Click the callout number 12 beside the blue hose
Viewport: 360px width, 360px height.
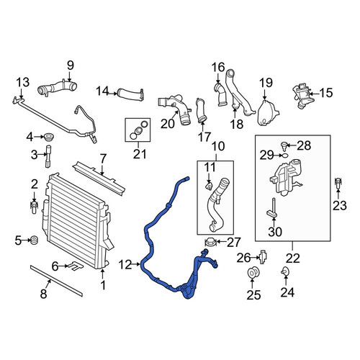point(125,265)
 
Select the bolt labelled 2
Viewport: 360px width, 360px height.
point(34,207)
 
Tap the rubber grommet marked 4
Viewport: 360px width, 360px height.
point(48,137)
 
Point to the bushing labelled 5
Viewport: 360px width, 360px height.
point(35,240)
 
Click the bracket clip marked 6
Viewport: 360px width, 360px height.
point(75,266)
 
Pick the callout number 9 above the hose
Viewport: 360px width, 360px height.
point(71,66)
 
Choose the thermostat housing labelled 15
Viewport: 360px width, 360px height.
point(301,95)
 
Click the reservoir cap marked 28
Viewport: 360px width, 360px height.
point(284,146)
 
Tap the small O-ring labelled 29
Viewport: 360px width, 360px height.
point(285,156)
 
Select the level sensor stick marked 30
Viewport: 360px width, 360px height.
point(273,209)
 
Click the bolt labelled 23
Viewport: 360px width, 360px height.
point(338,184)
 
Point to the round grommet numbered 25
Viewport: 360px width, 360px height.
point(253,272)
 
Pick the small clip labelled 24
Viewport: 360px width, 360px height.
point(285,271)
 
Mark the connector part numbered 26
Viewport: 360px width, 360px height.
point(264,257)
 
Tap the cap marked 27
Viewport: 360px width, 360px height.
point(211,243)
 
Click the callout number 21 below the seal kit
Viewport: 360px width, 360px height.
point(140,154)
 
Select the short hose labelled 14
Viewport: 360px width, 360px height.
point(131,94)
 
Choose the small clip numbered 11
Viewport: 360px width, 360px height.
point(209,186)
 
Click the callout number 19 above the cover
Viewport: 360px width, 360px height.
point(266,83)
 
